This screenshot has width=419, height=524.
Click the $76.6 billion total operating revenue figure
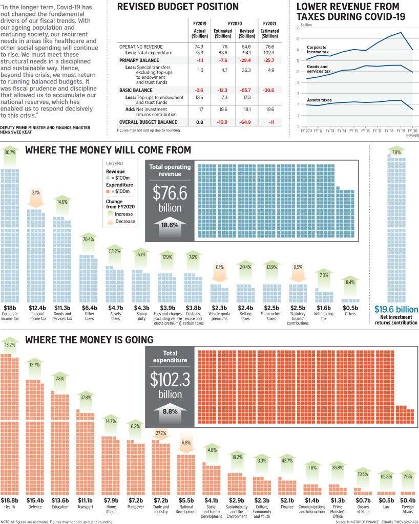coord(167,200)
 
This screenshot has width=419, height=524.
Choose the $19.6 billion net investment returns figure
coord(396,309)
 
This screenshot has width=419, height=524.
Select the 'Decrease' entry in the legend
coord(125,221)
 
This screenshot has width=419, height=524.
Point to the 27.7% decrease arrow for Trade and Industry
coord(161,433)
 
